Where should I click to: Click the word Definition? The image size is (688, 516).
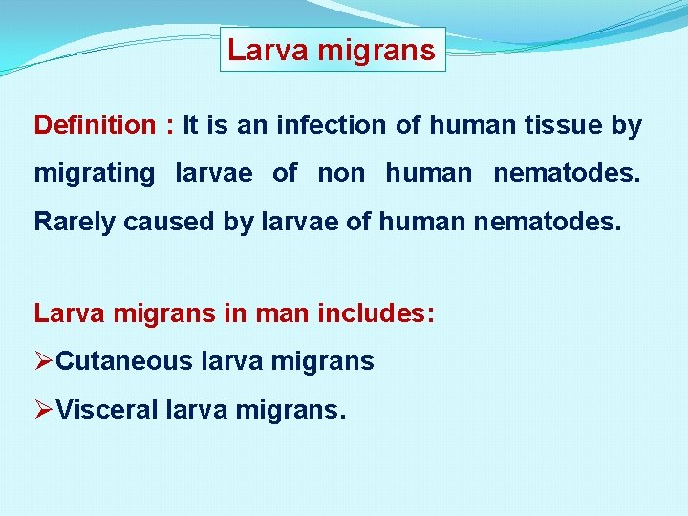pyautogui.click(x=94, y=125)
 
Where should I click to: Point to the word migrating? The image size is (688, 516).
pyautogui.click(x=94, y=174)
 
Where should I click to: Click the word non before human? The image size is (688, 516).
pyautogui.click(x=341, y=174)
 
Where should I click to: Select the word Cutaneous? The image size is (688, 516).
pyautogui.click(x=124, y=361)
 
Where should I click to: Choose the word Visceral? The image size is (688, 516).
pyautogui.click(x=107, y=410)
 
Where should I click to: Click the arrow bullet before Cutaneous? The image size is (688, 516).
pyautogui.click(x=44, y=361)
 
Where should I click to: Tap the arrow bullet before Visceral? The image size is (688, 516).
pyautogui.click(x=44, y=410)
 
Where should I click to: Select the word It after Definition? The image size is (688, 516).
pyautogui.click(x=190, y=125)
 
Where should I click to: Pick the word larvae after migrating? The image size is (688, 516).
pyautogui.click(x=214, y=174)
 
